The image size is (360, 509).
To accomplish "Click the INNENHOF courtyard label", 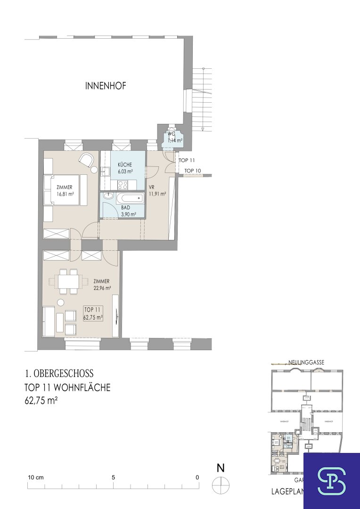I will (106, 86).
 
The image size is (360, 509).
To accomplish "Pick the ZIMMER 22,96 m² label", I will (101, 285).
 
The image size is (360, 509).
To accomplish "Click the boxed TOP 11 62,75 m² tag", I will (93, 313).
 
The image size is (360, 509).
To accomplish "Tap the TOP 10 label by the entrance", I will (193, 171).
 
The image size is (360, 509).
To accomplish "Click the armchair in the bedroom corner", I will (86, 160).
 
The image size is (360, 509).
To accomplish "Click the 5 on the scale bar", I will (113, 477).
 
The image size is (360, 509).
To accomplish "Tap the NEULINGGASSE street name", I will (306, 362).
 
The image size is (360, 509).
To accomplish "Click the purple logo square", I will (331, 481).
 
